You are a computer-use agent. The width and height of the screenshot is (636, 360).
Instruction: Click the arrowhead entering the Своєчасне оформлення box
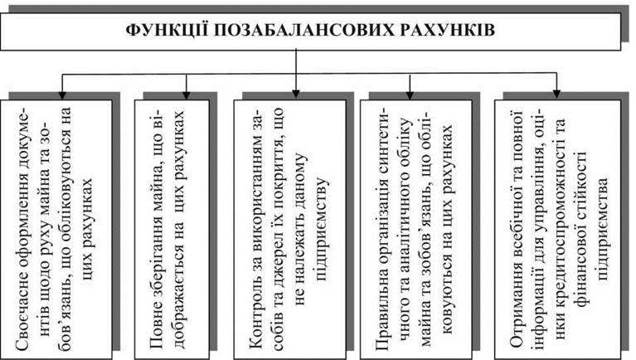62,95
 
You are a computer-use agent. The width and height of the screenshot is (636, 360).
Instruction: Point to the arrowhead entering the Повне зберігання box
187,95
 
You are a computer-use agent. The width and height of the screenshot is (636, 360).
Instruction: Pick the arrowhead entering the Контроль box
296,94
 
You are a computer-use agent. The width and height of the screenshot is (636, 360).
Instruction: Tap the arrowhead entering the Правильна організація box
410,95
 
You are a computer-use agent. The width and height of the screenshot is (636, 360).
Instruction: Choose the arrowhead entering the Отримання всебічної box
556,94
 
